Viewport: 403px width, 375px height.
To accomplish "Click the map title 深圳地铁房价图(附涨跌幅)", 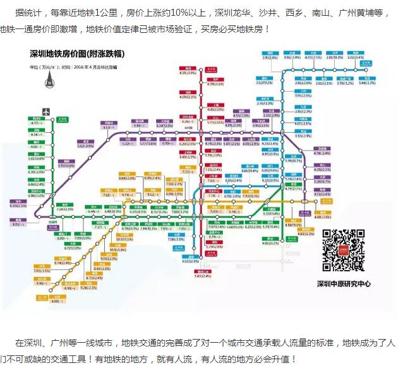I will pyautogui.click(x=77, y=55).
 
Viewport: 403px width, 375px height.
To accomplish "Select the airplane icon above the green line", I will pyautogui.click(x=45, y=112).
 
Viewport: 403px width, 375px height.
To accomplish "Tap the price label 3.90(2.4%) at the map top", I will pyautogui.click(x=271, y=57).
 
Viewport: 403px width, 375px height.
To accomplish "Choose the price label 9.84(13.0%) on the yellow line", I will pyautogui.click(x=128, y=178).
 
